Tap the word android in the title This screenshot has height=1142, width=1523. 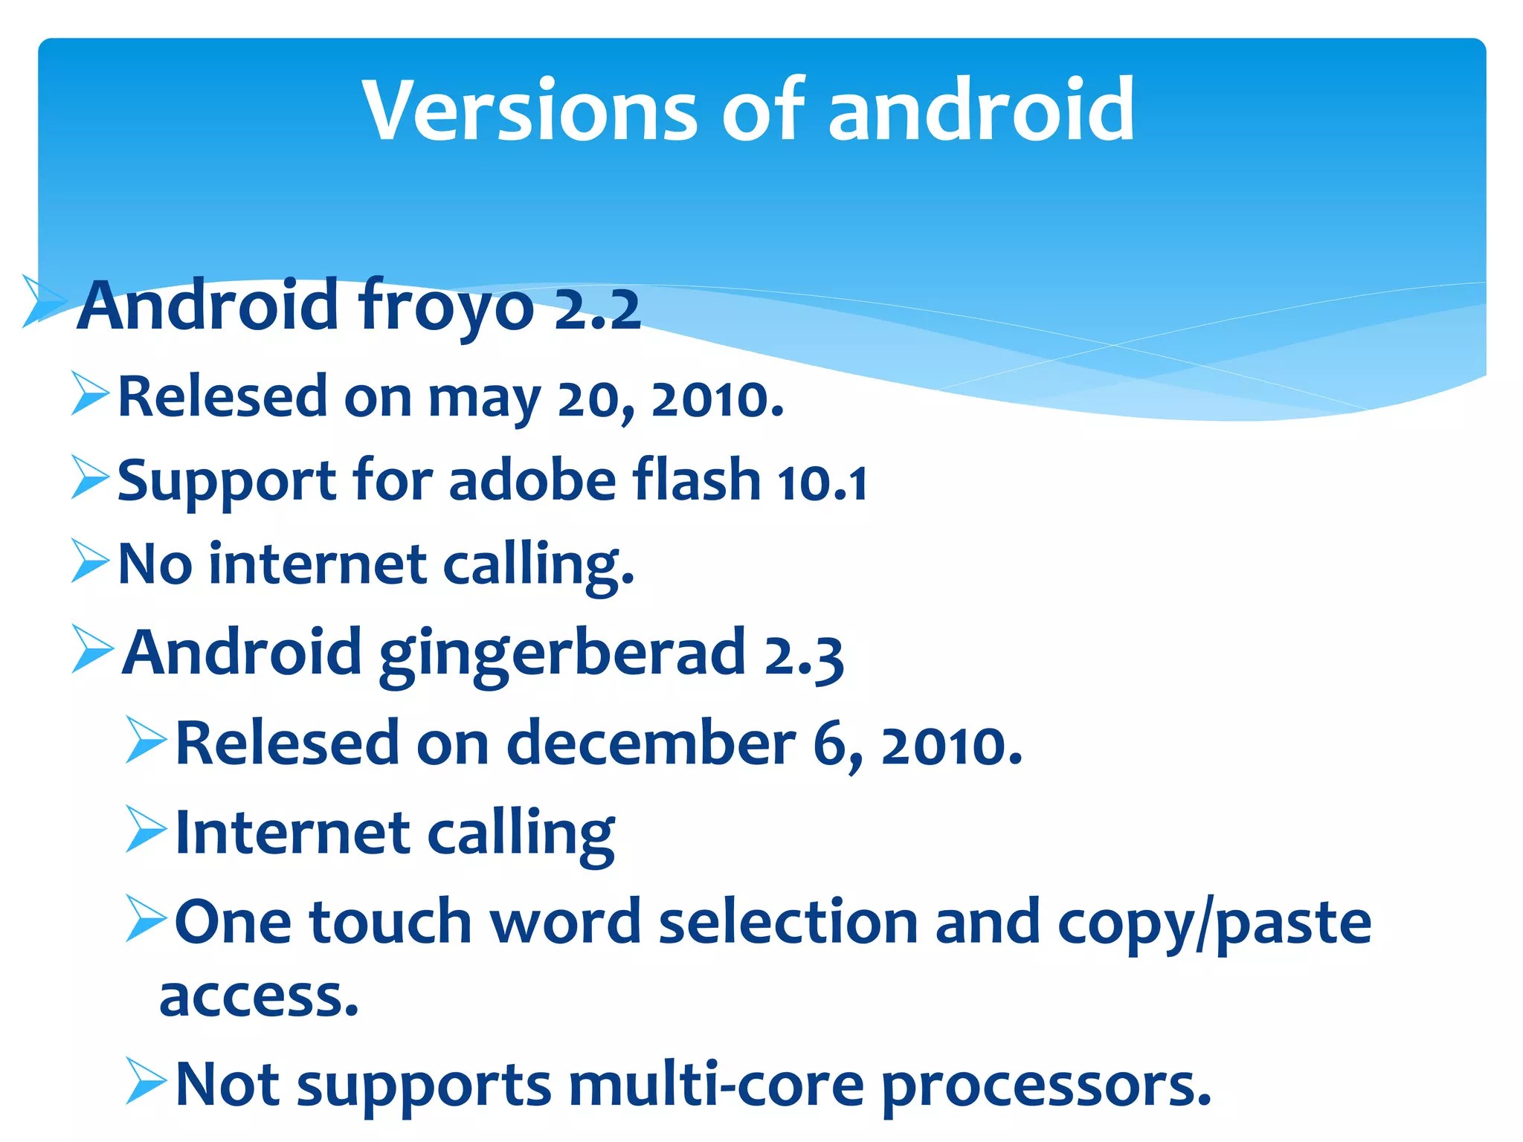pyautogui.click(x=981, y=112)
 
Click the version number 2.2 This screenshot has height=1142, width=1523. pyautogui.click(x=597, y=309)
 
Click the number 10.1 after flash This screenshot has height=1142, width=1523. pyautogui.click(x=822, y=483)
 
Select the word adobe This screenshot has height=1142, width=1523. pyautogui.click(x=532, y=480)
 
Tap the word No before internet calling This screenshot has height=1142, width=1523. pyautogui.click(x=155, y=565)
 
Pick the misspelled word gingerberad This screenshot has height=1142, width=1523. pyautogui.click(x=562, y=654)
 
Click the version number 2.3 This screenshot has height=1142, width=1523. pyautogui.click(x=804, y=656)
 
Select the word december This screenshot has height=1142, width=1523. pyautogui.click(x=651, y=743)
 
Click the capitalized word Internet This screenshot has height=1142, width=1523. pyautogui.click(x=293, y=833)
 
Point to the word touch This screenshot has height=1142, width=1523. pyautogui.click(x=390, y=922)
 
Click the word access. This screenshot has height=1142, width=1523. pyautogui.click(x=259, y=996)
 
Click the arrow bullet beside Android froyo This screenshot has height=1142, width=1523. pyautogui.click(x=43, y=300)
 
